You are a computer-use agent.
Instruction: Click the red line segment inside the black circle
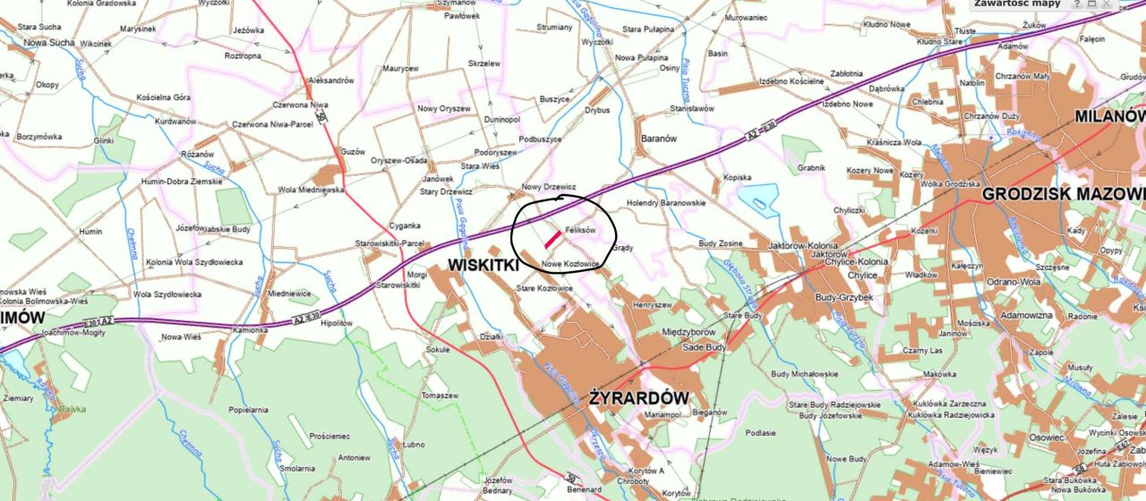tap(553, 239)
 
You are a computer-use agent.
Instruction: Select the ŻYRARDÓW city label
tap(638, 397)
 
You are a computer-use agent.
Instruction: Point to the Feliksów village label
tap(580, 230)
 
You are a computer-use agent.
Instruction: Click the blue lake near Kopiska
tap(758, 198)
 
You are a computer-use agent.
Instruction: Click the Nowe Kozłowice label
tap(569, 264)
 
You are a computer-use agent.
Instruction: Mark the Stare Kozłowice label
tap(544, 288)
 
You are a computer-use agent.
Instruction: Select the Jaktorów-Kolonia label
tap(802, 245)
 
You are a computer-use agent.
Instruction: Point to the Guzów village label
tap(354, 152)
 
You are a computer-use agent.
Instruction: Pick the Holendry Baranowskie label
tap(666, 202)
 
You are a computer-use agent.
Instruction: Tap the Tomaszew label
tap(440, 395)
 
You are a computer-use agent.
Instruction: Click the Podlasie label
tap(760, 432)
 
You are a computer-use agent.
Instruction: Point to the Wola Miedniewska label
tap(311, 190)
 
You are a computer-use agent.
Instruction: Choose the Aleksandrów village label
tap(330, 81)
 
